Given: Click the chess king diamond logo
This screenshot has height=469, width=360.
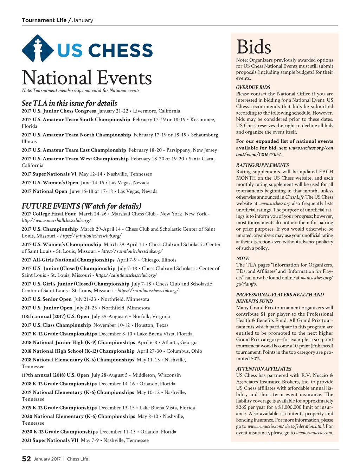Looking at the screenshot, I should (38, 49).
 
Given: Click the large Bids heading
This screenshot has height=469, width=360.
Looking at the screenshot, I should (254, 47).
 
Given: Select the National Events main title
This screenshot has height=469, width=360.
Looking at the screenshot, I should (87, 78).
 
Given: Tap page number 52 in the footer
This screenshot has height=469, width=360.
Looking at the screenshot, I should (26, 459).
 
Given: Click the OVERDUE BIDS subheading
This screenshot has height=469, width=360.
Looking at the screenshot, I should (253, 87).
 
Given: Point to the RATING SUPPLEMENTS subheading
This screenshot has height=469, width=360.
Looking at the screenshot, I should (262, 165).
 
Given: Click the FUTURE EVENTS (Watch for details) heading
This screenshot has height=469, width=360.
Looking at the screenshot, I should (82, 206).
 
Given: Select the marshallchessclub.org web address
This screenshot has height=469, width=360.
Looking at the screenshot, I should (57, 220).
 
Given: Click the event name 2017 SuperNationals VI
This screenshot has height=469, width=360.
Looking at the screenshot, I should (49, 174).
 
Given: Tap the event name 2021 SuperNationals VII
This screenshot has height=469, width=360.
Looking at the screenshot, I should (50, 440).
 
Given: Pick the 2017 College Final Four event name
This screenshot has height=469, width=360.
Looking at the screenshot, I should (49, 214).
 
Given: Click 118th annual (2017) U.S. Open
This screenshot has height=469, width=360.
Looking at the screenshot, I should (56, 316).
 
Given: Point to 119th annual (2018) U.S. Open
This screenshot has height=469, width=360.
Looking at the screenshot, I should (56, 375).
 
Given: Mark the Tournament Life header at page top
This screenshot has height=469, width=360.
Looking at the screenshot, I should (44, 20).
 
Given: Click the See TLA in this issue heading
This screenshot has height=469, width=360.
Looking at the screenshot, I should (69, 103).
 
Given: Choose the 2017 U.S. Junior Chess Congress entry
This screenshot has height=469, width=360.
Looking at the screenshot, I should (59, 111).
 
